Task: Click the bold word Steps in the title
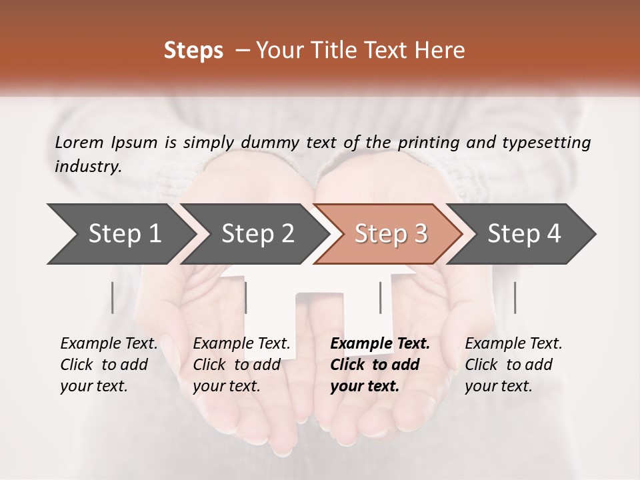click(193, 51)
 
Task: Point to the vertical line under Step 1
click(113, 297)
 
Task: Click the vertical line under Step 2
click(246, 297)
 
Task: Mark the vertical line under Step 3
click(381, 297)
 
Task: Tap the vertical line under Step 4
click(515, 297)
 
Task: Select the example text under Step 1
click(107, 365)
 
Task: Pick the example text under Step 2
click(240, 365)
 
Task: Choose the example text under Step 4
click(512, 365)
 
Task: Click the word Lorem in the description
click(79, 143)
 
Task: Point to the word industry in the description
click(87, 167)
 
